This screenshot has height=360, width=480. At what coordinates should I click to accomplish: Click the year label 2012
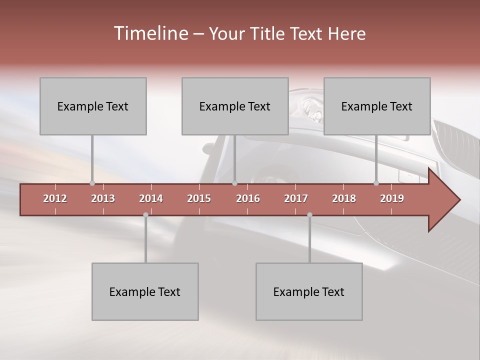tap(55, 198)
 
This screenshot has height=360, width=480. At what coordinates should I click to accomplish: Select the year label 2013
tap(103, 198)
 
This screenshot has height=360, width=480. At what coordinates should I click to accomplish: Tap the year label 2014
tap(151, 198)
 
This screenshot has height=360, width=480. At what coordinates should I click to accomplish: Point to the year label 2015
tap(199, 198)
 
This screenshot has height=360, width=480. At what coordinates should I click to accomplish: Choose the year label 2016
tap(248, 198)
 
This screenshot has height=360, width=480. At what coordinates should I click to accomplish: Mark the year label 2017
tap(296, 198)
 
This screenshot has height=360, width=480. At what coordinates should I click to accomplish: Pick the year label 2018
tap(344, 198)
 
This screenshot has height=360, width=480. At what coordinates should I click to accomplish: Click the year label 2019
tap(392, 198)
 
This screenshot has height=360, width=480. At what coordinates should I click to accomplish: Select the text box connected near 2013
tap(93, 106)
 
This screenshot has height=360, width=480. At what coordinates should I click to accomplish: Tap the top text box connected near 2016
tap(235, 106)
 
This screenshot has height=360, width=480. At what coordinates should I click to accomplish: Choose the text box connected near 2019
tap(377, 106)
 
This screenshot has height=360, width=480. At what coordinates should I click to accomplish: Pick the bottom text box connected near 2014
tap(145, 291)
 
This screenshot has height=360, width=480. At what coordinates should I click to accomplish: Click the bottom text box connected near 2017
tap(309, 291)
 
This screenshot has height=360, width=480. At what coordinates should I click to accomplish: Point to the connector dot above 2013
tap(92, 183)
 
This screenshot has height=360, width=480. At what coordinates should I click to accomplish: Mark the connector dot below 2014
tap(145, 214)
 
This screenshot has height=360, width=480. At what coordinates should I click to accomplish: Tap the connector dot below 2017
tap(309, 214)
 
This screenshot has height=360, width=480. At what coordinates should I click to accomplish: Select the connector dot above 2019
tap(376, 183)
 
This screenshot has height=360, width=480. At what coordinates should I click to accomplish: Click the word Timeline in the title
tap(150, 33)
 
